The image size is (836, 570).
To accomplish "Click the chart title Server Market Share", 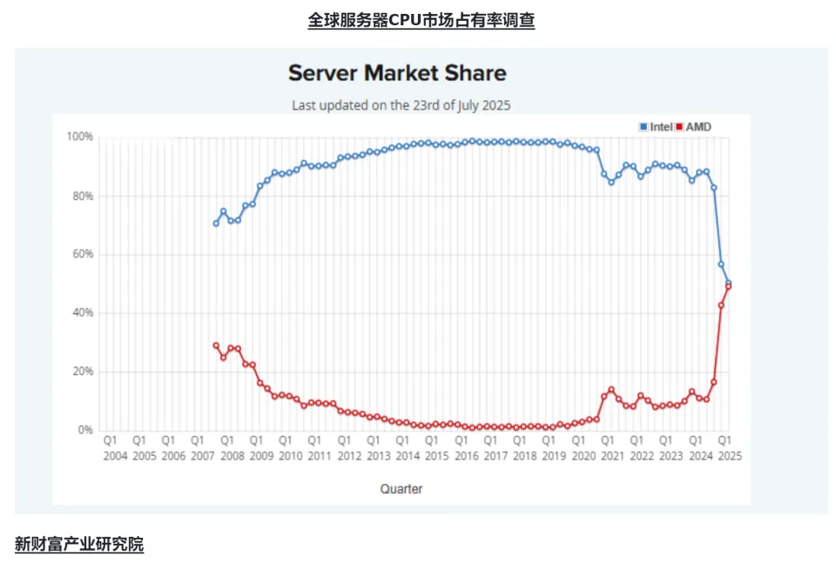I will (x=397, y=72).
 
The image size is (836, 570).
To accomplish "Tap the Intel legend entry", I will (x=656, y=127).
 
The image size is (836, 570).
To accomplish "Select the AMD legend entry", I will (x=693, y=127).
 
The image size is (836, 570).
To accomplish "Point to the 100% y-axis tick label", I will (x=79, y=137).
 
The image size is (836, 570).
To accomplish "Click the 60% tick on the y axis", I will (x=82, y=254).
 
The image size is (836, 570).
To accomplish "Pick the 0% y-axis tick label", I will (x=84, y=430).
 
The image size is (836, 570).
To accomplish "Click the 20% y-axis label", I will (x=82, y=372).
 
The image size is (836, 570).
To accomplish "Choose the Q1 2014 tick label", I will (x=407, y=447).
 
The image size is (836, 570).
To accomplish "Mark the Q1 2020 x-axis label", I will (x=583, y=447).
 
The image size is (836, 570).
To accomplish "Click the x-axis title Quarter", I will (x=401, y=489).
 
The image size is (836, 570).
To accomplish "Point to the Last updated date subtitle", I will (x=401, y=105).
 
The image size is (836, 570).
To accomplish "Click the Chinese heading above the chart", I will (x=421, y=20).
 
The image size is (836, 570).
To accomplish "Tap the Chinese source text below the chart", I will (x=79, y=545).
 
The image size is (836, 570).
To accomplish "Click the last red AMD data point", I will (x=728, y=286).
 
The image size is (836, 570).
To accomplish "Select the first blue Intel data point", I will (x=216, y=224).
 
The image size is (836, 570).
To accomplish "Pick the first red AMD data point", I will (x=216, y=345).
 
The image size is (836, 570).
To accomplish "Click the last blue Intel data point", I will (x=728, y=283).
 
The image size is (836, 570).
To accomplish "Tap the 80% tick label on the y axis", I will (x=82, y=196).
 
